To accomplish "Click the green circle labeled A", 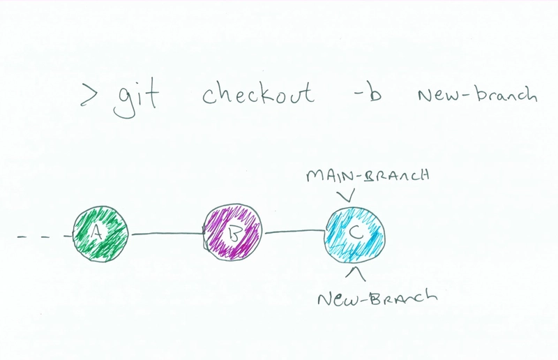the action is pyautogui.click(x=100, y=234).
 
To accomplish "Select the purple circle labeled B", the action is pyautogui.click(x=233, y=232).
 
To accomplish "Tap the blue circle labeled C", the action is pyautogui.click(x=355, y=235).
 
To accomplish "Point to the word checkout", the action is pyautogui.click(x=258, y=93).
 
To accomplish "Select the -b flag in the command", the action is pyautogui.click(x=368, y=93).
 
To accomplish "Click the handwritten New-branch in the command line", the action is pyautogui.click(x=477, y=94).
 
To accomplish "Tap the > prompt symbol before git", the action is pyautogui.click(x=89, y=95).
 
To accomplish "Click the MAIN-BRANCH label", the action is pyautogui.click(x=368, y=175).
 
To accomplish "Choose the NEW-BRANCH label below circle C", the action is pyautogui.click(x=377, y=297).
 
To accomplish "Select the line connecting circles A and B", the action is pyautogui.click(x=167, y=234).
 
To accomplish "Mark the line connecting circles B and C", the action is pyautogui.click(x=294, y=232).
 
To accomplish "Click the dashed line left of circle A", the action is pyautogui.click(x=45, y=236).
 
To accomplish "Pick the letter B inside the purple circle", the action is pyautogui.click(x=234, y=234).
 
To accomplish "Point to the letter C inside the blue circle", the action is pyautogui.click(x=356, y=233).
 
